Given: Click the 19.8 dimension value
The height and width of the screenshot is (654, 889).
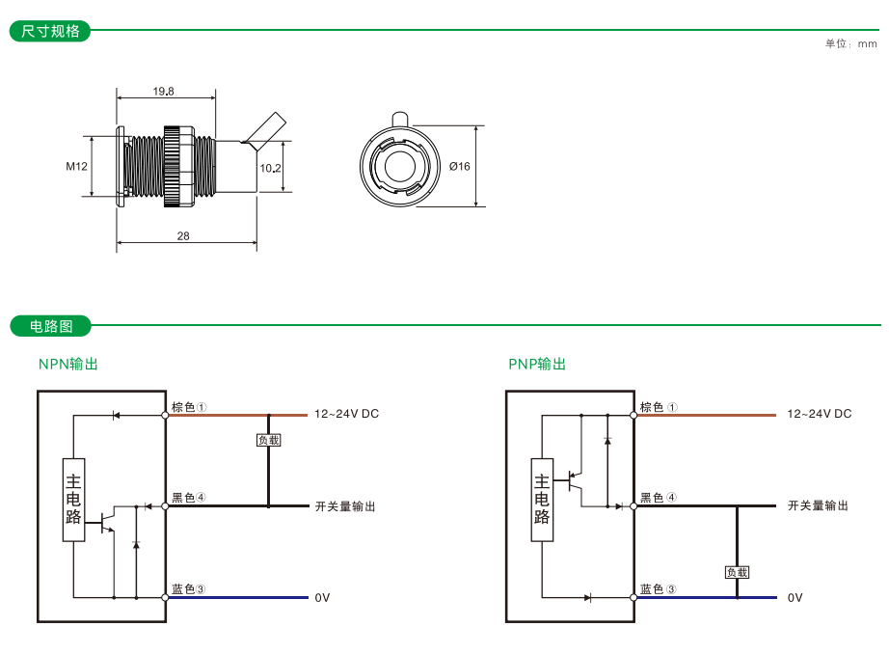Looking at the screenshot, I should [163, 92].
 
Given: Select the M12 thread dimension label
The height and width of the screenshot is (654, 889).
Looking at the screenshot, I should [77, 166].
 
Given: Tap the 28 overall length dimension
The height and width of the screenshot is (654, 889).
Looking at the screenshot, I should [183, 236].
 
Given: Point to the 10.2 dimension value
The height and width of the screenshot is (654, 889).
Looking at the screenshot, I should [271, 167].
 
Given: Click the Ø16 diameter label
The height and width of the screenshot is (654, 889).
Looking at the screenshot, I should [460, 166].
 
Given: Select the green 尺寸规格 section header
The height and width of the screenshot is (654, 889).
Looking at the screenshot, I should [51, 31].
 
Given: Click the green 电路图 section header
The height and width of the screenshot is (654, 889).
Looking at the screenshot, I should [51, 326].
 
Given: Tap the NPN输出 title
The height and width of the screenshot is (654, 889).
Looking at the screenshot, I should [68, 365].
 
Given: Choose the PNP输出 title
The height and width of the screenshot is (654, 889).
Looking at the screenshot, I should [537, 365].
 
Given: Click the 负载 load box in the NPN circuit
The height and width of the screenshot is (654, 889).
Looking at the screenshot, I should [268, 440].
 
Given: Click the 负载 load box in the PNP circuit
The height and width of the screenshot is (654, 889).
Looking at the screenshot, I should [737, 572].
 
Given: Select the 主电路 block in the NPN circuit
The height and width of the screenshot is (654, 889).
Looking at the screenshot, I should [74, 500].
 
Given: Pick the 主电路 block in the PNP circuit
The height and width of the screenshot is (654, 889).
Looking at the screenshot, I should [542, 500].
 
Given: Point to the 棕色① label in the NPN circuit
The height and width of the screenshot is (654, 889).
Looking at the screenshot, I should [190, 407].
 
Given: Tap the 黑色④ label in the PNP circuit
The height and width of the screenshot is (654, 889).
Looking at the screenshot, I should [659, 498].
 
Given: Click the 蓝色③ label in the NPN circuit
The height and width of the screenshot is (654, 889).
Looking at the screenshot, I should [189, 588].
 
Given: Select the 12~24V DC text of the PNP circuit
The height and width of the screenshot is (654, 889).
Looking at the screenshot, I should [820, 414].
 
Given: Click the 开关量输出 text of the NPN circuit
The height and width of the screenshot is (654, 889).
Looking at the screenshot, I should [344, 506].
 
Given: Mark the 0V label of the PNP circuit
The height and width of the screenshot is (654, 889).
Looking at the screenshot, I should [795, 598].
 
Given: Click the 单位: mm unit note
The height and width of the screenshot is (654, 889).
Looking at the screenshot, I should [851, 43].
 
